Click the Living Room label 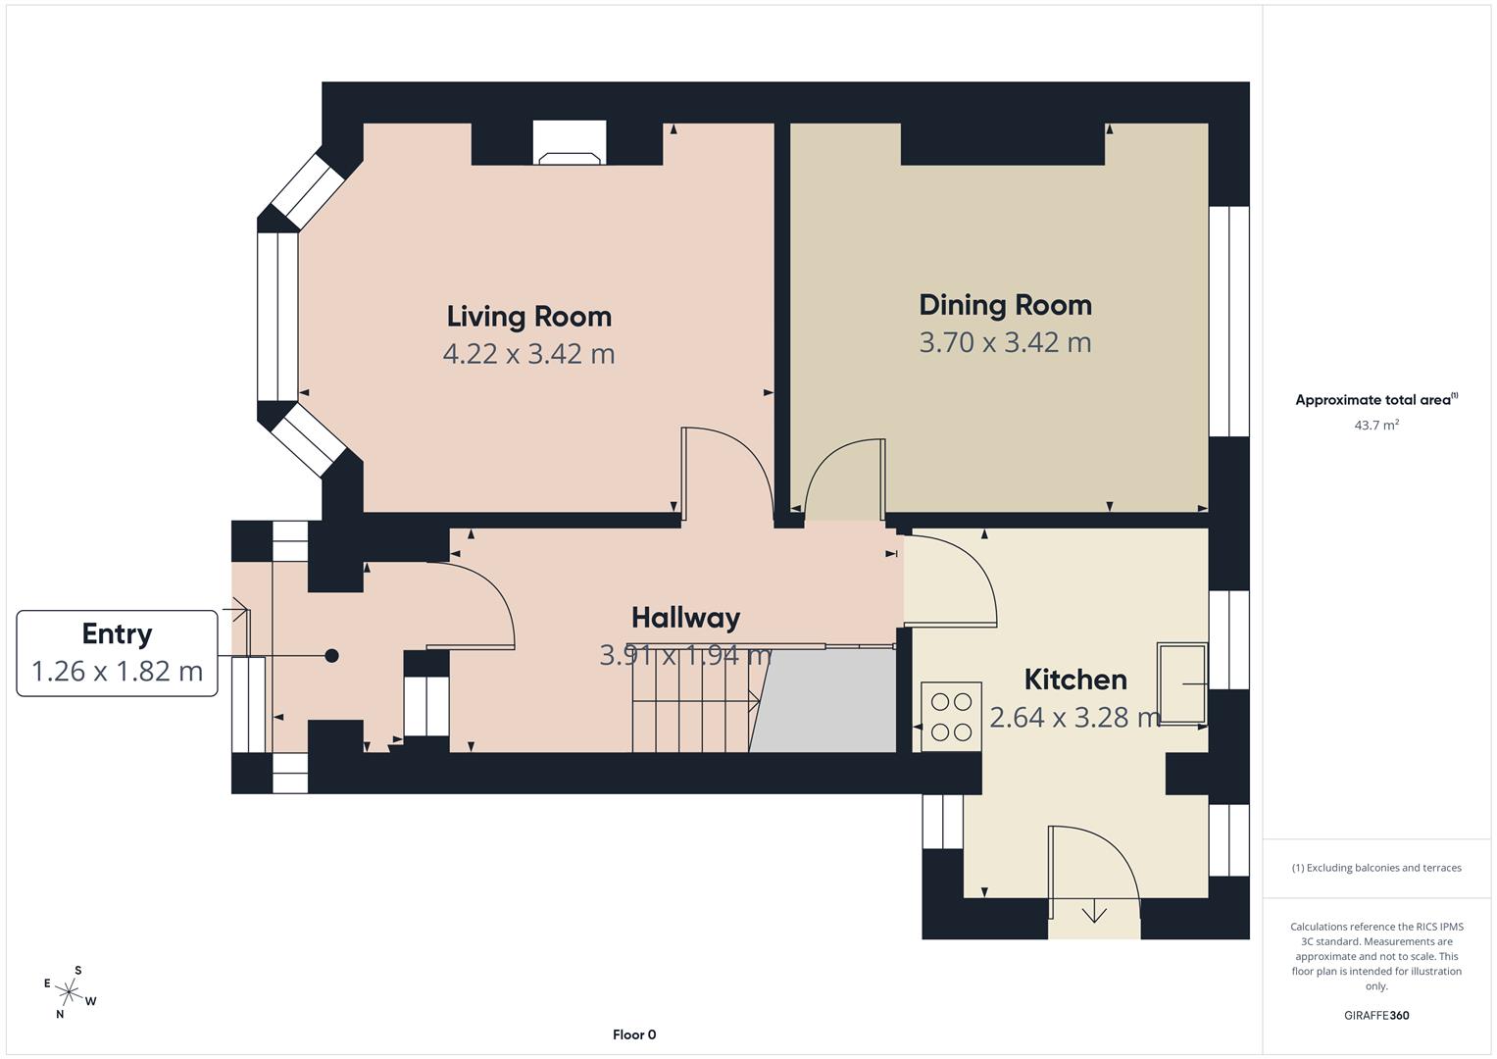(x=528, y=317)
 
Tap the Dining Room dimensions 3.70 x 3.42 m (x=1005, y=342)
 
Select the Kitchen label (x=1075, y=680)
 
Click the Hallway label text (x=685, y=619)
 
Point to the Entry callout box (x=117, y=653)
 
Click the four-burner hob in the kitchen (x=951, y=717)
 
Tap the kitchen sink (x=1181, y=683)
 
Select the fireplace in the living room (x=570, y=142)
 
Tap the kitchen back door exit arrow (x=1094, y=911)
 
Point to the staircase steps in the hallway (x=695, y=700)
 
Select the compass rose (x=69, y=992)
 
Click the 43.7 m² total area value (x=1376, y=425)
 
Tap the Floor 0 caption (x=634, y=1034)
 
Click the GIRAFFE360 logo (x=1376, y=1015)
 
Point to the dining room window (x=1229, y=321)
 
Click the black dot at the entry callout (x=331, y=656)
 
